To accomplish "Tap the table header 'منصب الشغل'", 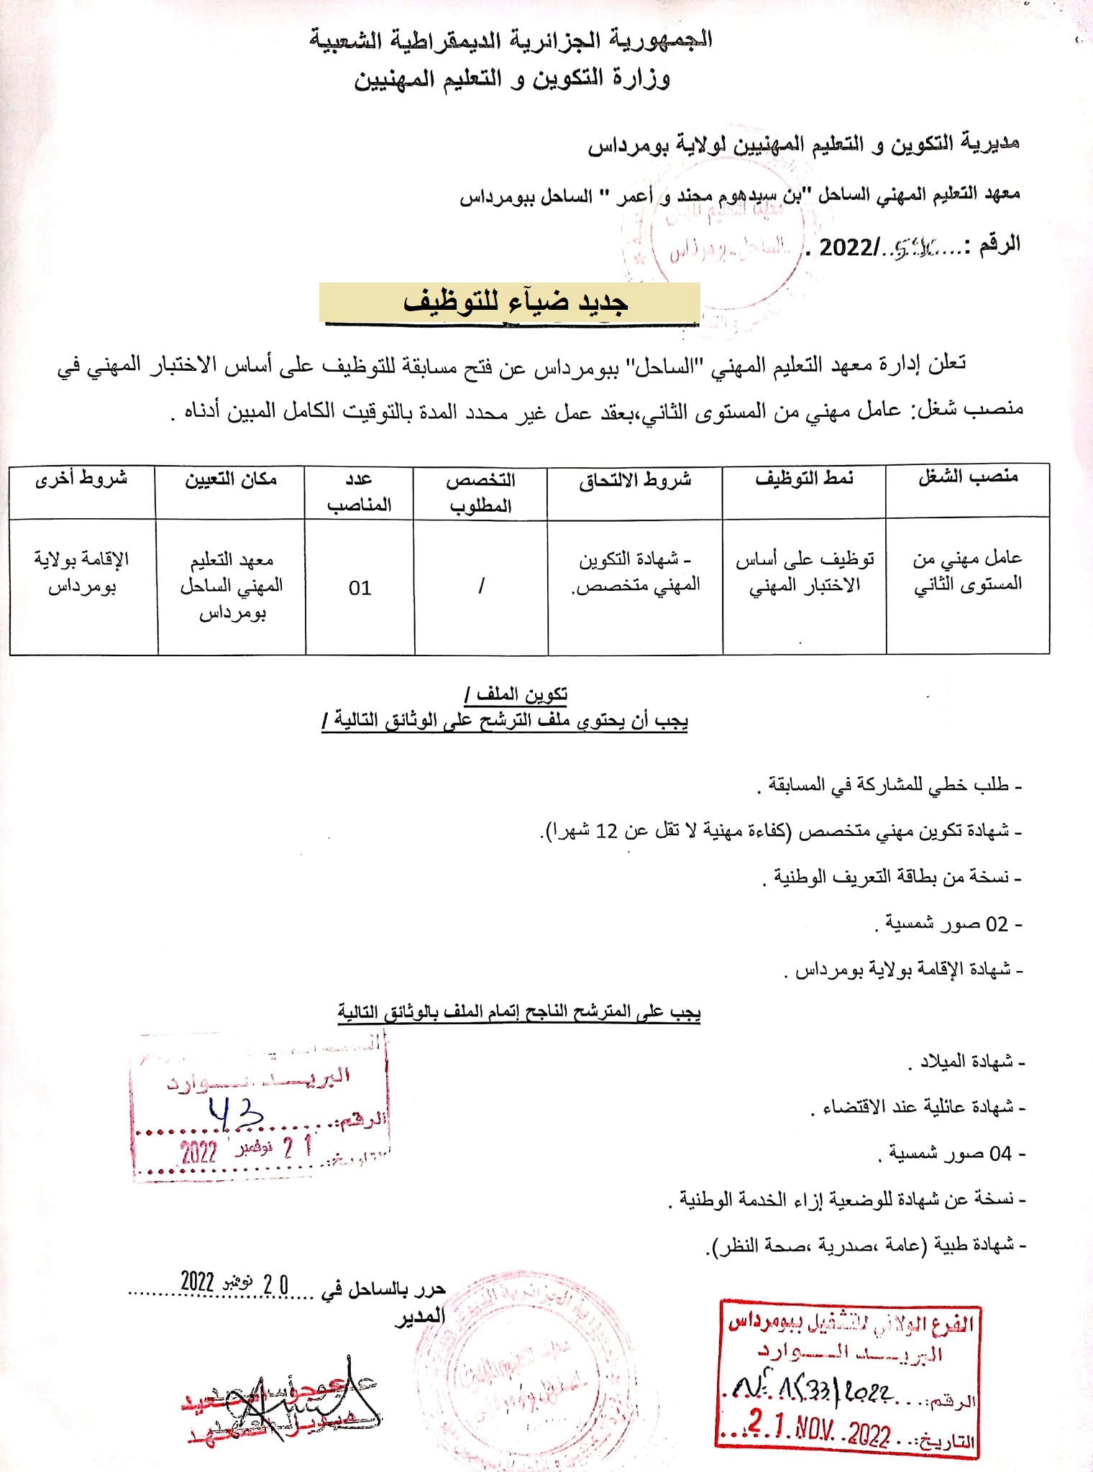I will (968, 478).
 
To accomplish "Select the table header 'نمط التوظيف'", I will (804, 479).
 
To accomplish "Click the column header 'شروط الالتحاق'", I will (635, 480).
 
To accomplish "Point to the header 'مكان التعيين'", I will (231, 479).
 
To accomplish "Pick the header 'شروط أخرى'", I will (81, 479).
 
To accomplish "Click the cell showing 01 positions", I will (360, 588).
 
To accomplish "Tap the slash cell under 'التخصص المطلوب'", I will (481, 586).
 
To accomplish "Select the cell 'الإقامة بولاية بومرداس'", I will (81, 572).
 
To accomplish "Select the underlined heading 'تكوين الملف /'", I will (516, 694).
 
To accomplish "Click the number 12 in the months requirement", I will (608, 831).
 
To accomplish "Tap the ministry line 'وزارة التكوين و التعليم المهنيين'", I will (511, 78).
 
